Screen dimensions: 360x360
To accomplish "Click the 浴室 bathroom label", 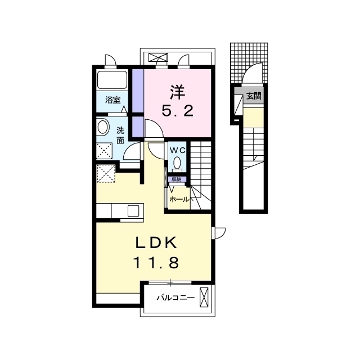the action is coord(112,100).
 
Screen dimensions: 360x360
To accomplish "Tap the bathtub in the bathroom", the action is coord(112,79).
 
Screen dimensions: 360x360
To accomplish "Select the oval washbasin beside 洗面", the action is coord(102,127).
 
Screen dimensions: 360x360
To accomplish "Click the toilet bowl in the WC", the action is coord(177,163).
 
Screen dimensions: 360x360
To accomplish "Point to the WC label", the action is coord(177,150).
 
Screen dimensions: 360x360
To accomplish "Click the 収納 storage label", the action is coord(177,179).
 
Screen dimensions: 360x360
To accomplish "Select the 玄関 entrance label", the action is coord(254,96).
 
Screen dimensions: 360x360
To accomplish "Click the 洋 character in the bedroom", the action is coord(178,92).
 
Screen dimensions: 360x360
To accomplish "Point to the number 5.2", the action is coord(178,111).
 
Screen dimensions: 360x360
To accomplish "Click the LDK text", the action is coord(156,242).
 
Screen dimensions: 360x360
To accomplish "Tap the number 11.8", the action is coord(156,263).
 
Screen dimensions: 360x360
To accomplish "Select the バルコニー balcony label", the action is coord(175,298).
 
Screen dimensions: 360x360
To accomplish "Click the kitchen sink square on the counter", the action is coord(133,211).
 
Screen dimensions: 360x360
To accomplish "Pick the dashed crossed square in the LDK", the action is coord(106,174).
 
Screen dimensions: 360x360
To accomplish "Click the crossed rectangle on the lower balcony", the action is coord(204,297).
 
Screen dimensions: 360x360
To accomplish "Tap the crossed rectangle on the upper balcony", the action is coord(158,57).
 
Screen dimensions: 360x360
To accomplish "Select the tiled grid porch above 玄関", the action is coord(249,62).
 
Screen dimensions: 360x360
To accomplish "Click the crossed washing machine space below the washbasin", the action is coord(104,151).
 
